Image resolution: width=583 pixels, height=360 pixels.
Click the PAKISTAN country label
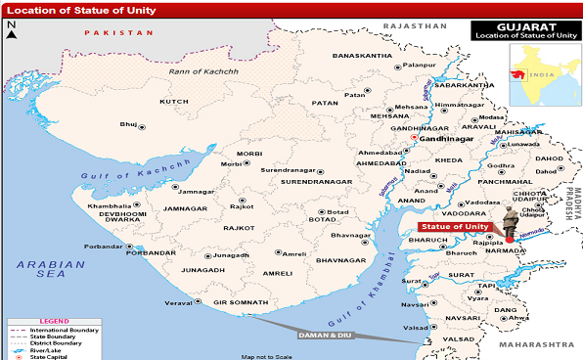click(x=119, y=32)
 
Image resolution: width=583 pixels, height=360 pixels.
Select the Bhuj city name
click(x=128, y=124)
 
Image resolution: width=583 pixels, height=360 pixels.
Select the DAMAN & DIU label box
click(x=323, y=336)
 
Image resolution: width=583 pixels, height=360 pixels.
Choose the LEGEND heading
click(x=53, y=320)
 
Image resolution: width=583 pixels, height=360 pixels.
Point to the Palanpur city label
click(x=418, y=66)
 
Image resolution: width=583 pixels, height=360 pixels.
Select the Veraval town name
click(x=177, y=303)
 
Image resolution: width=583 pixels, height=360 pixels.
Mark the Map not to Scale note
click(x=267, y=355)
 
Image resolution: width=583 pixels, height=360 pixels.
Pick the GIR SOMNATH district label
click(x=241, y=303)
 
